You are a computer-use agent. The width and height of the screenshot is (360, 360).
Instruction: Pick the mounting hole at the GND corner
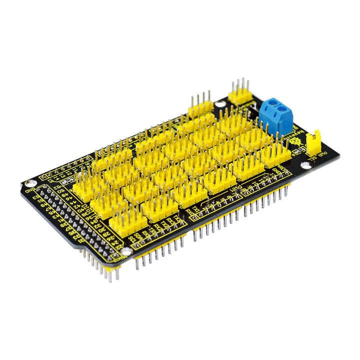click(31, 183)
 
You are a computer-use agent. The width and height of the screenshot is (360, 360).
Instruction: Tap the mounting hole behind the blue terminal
click(220, 104)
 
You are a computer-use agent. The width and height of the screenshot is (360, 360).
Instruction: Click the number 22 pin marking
click(118, 244)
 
